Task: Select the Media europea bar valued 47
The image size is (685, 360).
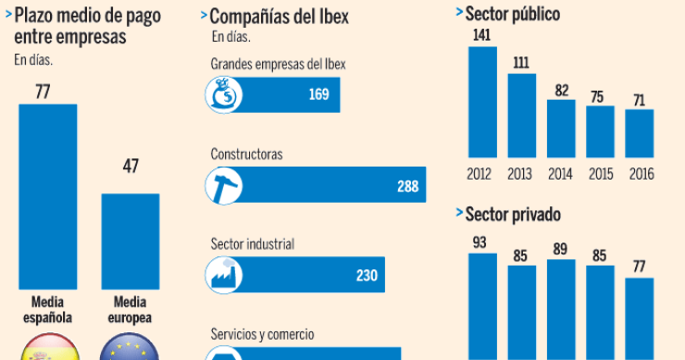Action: (x=130, y=241)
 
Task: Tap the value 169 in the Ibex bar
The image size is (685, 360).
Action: (x=319, y=94)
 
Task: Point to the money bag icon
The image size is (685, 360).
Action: (x=223, y=94)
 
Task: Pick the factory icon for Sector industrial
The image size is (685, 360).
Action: (x=223, y=275)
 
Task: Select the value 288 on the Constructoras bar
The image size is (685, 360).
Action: (x=408, y=186)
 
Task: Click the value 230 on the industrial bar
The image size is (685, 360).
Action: (x=367, y=275)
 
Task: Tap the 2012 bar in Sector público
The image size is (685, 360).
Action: (x=482, y=102)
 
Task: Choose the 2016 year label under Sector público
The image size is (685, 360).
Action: (x=641, y=173)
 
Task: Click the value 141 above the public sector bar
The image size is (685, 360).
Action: (x=482, y=36)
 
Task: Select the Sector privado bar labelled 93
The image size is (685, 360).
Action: (x=482, y=305)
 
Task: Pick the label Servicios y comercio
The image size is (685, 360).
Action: (x=262, y=333)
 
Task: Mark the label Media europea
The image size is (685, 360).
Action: (x=130, y=309)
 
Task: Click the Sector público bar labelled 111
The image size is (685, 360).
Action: (x=522, y=115)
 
